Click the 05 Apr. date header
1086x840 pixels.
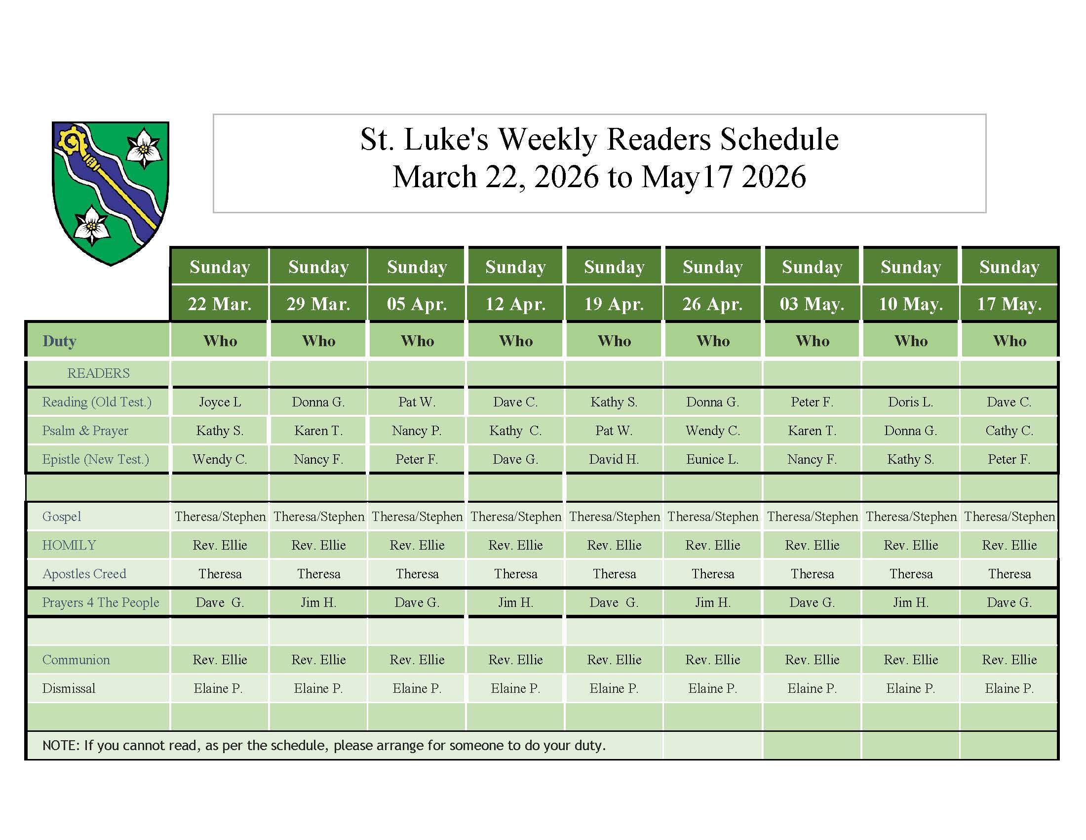[417, 303]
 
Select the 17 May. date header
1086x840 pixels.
[1009, 303]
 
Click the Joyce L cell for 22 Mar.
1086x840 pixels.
[220, 402]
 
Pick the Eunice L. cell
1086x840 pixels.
[712, 459]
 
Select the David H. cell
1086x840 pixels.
[614, 459]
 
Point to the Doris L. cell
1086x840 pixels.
[910, 402]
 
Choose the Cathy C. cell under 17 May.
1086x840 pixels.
[1009, 430]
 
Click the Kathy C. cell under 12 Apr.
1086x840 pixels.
[515, 430]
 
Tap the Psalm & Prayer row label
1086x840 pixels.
[85, 430]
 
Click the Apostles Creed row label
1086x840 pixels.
[84, 573]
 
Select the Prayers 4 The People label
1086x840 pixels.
[100, 602]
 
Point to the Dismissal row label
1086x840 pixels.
[69, 688]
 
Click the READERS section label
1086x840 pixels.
[98, 373]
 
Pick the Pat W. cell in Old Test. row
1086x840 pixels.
[417, 402]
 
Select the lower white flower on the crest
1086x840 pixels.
[91, 225]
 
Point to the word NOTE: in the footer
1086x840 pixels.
[61, 745]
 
